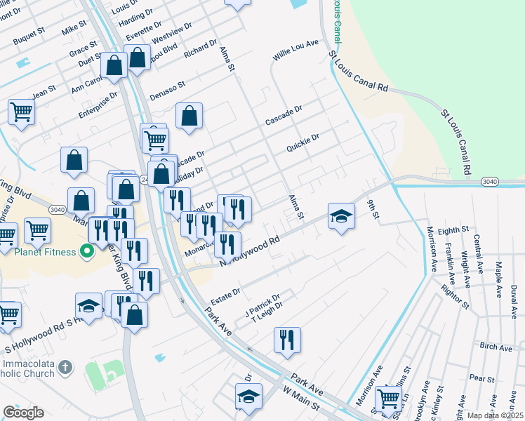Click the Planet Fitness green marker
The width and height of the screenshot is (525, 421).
(88, 250)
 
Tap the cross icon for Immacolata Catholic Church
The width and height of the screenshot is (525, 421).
(65, 367)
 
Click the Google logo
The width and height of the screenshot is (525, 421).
(23, 413)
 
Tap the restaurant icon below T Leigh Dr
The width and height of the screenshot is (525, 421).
(287, 340)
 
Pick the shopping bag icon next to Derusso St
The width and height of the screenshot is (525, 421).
(189, 116)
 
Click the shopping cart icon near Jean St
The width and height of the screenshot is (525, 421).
(21, 112)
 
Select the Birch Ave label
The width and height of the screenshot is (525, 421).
(496, 347)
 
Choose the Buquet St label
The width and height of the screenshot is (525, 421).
(30, 32)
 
